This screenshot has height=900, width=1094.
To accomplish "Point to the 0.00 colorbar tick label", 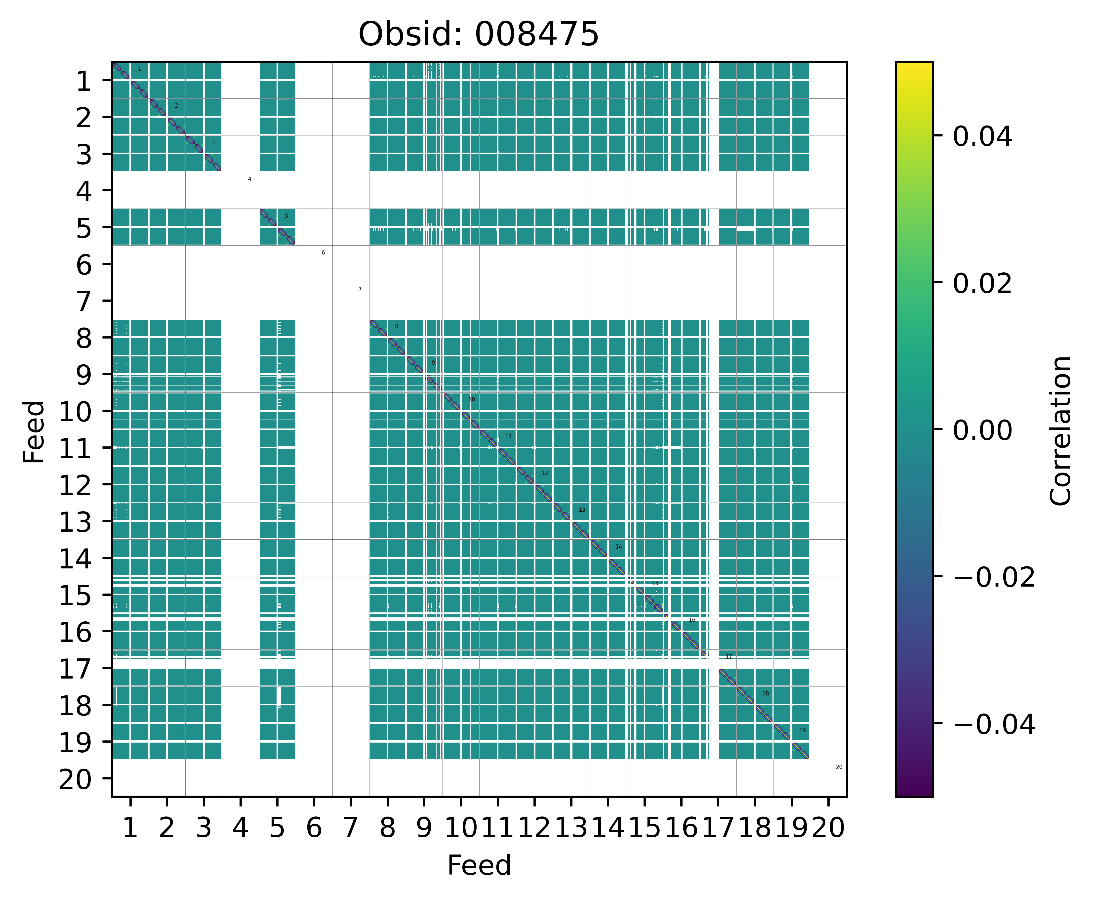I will click(982, 430).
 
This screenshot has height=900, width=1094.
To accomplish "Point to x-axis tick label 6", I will click(314, 828).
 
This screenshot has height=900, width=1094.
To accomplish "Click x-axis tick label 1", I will click(130, 828).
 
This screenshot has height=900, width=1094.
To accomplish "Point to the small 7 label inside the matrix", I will click(360, 289).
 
